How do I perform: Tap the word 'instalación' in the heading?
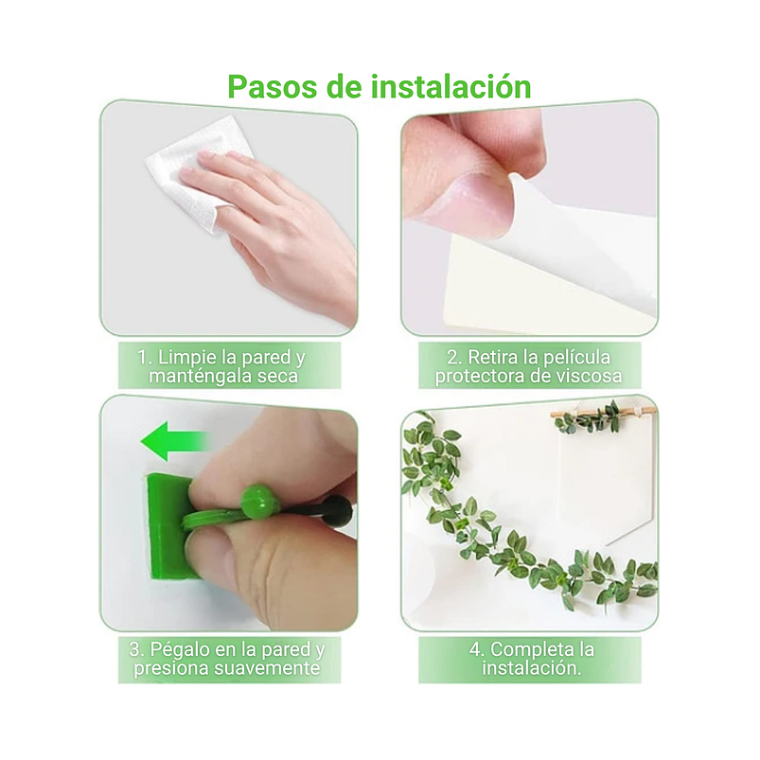(451, 86)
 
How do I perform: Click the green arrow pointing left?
(172, 441)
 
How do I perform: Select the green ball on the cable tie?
(256, 500)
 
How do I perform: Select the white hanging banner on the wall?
(606, 483)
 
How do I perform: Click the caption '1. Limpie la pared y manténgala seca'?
(228, 366)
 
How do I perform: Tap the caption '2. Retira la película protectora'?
(528, 366)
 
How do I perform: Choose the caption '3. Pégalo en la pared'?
(228, 660)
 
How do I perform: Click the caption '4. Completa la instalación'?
(529, 660)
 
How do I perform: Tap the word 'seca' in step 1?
(277, 377)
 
